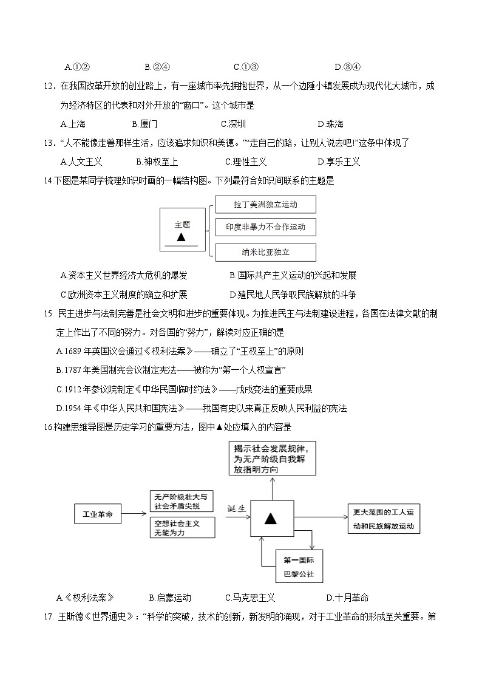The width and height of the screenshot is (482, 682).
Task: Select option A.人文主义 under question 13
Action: [x=81, y=162]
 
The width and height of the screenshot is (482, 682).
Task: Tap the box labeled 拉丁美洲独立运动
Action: [x=265, y=205]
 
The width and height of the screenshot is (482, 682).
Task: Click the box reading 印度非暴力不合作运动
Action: [x=265, y=227]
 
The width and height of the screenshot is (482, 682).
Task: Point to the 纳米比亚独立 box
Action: [x=265, y=252]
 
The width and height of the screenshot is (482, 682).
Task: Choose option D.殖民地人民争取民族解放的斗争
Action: [x=293, y=295]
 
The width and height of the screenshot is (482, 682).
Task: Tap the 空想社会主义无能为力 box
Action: [x=182, y=527]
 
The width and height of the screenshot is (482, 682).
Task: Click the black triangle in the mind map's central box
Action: [x=271, y=519]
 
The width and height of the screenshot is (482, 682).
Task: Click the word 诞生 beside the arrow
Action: [x=237, y=508]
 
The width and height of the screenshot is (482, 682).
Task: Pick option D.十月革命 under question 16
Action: [x=347, y=598]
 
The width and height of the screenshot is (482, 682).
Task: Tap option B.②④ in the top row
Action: [x=157, y=67]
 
